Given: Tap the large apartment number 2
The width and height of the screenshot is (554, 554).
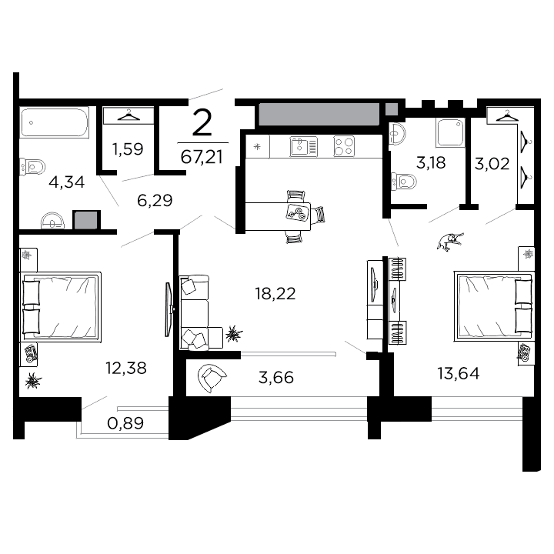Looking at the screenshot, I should point(202,123).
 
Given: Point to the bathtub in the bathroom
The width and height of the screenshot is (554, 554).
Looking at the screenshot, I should point(55,122).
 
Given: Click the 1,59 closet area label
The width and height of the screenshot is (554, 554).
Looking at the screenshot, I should point(128,149).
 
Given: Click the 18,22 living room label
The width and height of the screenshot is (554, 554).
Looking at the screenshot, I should point(275,292).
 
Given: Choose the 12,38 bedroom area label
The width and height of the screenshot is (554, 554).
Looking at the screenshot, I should point(126,369).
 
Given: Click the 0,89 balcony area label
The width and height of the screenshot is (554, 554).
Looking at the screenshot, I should point(127,422).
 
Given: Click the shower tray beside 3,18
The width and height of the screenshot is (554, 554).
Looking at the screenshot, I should point(449,132).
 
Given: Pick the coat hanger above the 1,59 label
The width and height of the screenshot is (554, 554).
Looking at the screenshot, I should point(128,116).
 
